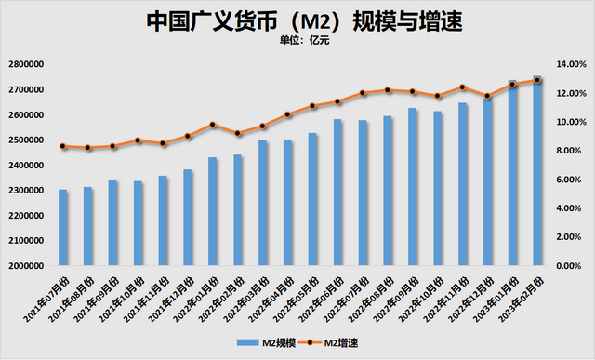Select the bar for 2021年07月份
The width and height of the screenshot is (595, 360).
click(x=63, y=228)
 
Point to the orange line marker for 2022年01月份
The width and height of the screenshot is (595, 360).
click(x=213, y=125)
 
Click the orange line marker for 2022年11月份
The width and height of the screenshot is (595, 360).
click(x=462, y=87)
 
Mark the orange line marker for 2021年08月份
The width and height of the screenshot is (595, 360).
click(x=87, y=148)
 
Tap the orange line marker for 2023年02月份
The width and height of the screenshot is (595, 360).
click(x=537, y=80)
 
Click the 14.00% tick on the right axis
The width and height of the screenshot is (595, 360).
click(x=568, y=64)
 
